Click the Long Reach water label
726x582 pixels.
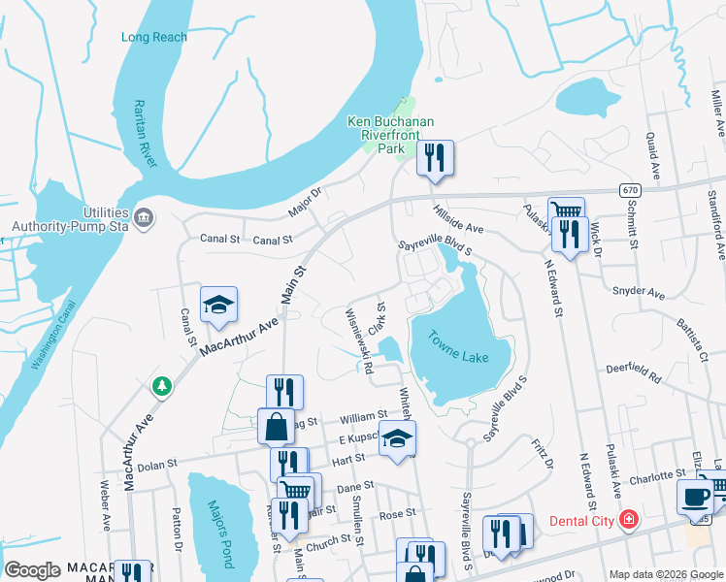154,37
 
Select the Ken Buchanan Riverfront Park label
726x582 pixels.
390,135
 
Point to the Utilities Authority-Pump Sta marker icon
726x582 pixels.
145,214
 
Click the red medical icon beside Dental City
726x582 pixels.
630,521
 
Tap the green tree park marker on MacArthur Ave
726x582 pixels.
161,387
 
